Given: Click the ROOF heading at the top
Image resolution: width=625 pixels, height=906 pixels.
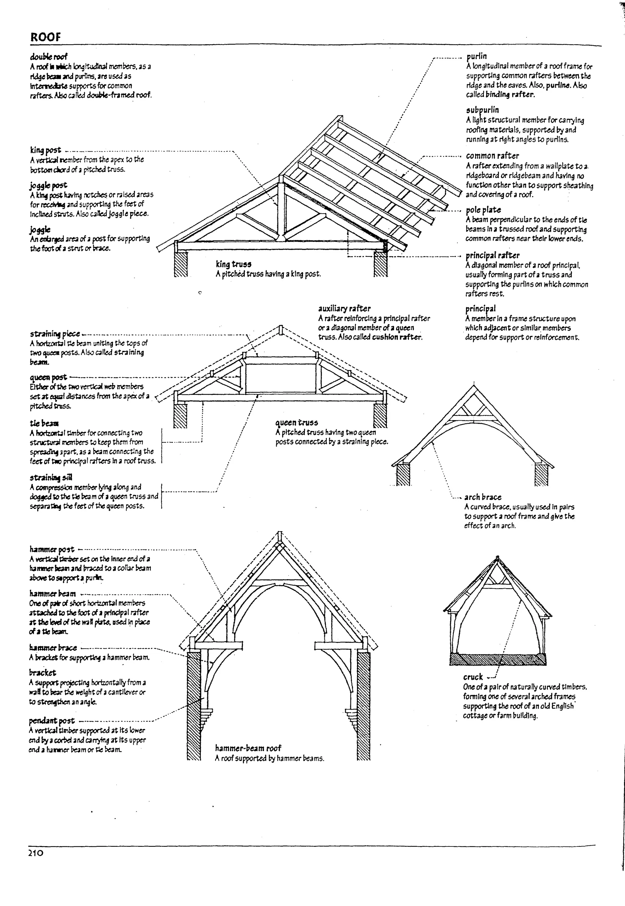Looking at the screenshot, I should [46, 37].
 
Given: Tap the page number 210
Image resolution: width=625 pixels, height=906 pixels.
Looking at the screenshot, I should [36, 864].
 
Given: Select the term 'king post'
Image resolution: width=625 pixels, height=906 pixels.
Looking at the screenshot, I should [45, 150].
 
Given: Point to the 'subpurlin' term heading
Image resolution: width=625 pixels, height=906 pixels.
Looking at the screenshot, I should [482, 110].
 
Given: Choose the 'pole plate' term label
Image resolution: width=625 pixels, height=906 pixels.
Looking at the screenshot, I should [483, 210].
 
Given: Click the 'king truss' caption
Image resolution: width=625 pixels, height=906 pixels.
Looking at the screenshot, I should [233, 264].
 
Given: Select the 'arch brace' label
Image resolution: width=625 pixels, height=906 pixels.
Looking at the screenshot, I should [482, 497].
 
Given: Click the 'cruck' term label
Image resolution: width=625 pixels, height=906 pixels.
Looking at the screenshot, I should [473, 688].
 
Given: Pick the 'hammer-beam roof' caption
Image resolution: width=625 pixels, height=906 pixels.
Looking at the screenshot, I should [248, 748].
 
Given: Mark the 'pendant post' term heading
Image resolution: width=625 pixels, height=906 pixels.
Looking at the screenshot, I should [52, 721].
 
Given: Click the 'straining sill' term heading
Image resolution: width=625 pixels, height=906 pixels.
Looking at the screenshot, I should [51, 477].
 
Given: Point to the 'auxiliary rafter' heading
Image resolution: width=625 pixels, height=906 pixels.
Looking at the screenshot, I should [344, 308].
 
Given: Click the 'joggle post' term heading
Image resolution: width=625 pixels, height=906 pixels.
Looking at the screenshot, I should [49, 185].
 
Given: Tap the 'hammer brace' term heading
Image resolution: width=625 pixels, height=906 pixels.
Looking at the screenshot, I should [53, 648].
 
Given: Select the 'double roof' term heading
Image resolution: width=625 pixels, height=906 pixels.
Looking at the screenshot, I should [49, 57].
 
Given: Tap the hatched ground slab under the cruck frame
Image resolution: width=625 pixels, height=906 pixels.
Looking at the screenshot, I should [498, 659].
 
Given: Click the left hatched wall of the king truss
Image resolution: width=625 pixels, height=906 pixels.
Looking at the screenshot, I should [181, 264].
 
